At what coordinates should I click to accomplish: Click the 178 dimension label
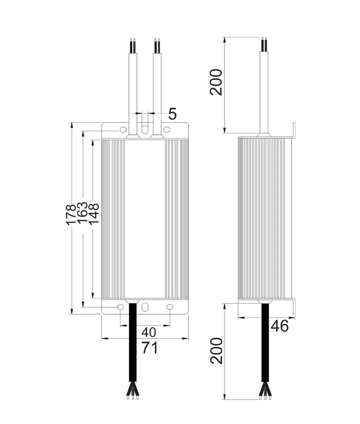click(x=71, y=214)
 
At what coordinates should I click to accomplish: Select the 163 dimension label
click(x=82, y=214)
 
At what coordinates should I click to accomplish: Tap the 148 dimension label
click(x=94, y=214)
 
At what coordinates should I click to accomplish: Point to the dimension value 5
click(x=172, y=114)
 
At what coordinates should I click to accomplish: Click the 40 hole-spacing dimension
click(x=148, y=332)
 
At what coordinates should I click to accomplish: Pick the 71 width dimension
click(x=149, y=347)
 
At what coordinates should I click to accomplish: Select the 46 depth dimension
click(x=279, y=326)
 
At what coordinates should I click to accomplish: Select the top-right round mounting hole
click(x=167, y=130)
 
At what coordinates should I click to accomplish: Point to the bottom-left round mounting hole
click(x=120, y=306)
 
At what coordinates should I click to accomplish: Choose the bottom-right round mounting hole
click(x=169, y=306)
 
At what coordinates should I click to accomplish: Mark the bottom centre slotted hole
click(x=145, y=306)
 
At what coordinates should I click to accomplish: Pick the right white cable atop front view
click(x=157, y=85)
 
